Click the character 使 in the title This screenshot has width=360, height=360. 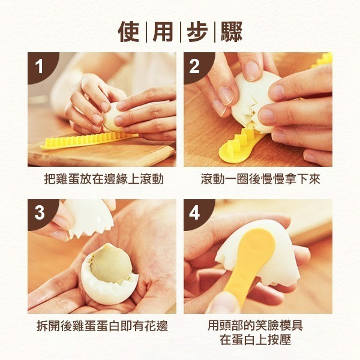[x=128, y=32]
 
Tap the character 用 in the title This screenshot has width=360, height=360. [x=163, y=32]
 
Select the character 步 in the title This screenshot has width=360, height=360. [x=197, y=32]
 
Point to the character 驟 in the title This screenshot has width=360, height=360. [x=232, y=32]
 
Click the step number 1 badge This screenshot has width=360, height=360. [x=40, y=66]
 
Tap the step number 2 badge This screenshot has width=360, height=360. [x=194, y=66]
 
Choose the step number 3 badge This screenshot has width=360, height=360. [x=40, y=212]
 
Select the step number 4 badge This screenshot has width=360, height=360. [x=194, y=212]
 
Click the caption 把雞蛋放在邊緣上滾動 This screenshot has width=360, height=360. [x=104, y=179]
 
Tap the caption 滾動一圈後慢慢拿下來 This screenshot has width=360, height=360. [x=260, y=179]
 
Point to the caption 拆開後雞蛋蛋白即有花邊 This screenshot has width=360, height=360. [x=102, y=326]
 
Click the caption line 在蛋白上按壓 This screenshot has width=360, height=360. [x=256, y=340]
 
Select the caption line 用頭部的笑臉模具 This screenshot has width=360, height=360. [x=256, y=325]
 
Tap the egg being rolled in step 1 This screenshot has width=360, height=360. [x=113, y=117]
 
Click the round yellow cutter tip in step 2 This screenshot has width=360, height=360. [x=231, y=155]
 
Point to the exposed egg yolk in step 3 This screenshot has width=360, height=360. [x=110, y=265]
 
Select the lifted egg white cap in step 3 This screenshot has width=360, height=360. [x=90, y=218]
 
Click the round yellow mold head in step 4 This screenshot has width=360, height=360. [x=257, y=244]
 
